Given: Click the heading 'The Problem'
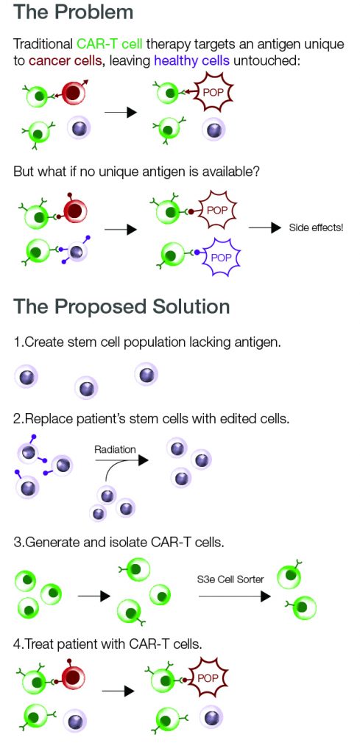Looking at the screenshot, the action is [x=74, y=13].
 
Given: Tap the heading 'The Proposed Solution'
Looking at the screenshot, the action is [x=121, y=306].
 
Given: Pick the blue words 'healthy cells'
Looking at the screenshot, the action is [x=190, y=61].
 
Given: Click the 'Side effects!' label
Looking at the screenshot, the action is [x=317, y=228].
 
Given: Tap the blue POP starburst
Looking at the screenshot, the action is [x=220, y=257].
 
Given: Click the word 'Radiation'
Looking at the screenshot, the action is [x=115, y=450].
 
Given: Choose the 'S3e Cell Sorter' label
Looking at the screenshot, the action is [x=230, y=579].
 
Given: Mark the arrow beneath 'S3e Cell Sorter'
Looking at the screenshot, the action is [x=235, y=596].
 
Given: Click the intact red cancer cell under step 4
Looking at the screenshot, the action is [x=74, y=679].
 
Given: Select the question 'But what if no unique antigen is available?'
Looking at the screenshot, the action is [x=137, y=171].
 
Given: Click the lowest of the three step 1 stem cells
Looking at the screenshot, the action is [x=86, y=388].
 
